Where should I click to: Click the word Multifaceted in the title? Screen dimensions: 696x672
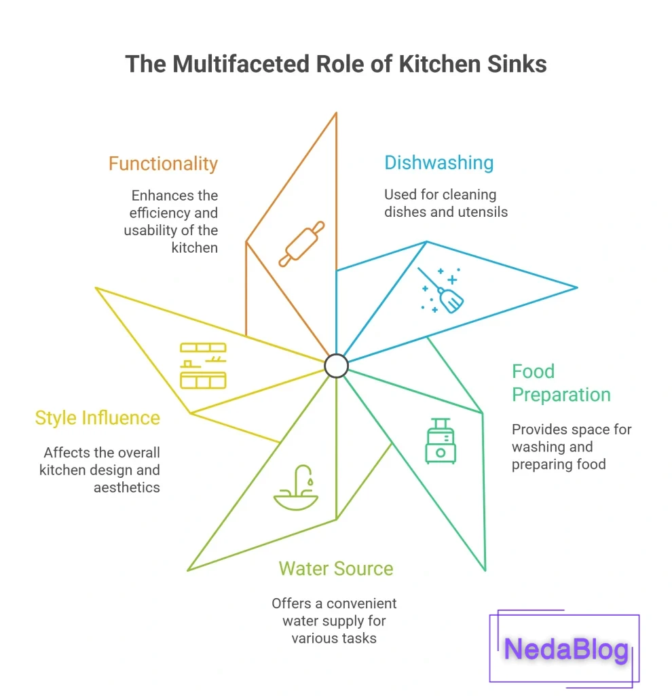243,64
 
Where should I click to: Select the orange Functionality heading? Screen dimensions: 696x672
163,164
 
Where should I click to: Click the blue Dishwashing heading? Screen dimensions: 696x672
438,162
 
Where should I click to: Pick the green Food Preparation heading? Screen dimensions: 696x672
561,383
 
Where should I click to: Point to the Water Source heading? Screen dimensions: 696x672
335,568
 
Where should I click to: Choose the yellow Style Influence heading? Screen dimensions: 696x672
98,417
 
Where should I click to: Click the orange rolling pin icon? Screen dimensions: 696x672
301,243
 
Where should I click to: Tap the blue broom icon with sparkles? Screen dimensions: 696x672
443,291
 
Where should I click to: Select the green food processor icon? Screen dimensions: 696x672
441,441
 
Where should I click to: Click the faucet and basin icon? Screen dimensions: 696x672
296,489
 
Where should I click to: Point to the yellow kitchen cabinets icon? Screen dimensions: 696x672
203,366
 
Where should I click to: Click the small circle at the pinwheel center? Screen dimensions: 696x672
336,366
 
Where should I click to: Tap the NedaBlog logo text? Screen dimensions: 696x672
566,649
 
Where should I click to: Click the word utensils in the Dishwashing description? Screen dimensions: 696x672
483,212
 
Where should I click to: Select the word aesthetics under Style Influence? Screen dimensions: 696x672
126,487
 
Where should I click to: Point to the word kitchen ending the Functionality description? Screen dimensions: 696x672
194,248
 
